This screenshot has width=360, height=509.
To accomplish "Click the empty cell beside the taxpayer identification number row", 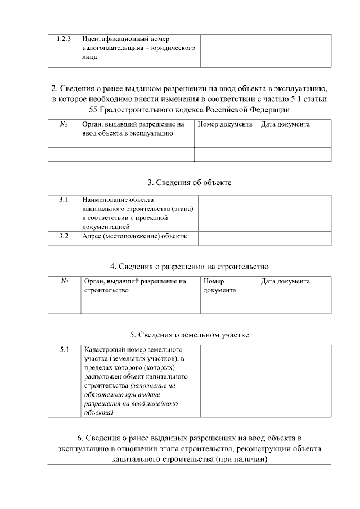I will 265,51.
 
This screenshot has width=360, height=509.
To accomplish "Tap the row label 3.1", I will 64,200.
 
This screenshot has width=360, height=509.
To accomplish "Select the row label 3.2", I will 64,236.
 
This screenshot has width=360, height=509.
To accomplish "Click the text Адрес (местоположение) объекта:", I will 134,236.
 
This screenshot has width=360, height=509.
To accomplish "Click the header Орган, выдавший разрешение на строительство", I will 134,286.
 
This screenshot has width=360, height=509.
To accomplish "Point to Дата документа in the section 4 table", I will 285,281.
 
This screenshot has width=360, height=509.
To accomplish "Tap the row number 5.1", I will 65,350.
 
